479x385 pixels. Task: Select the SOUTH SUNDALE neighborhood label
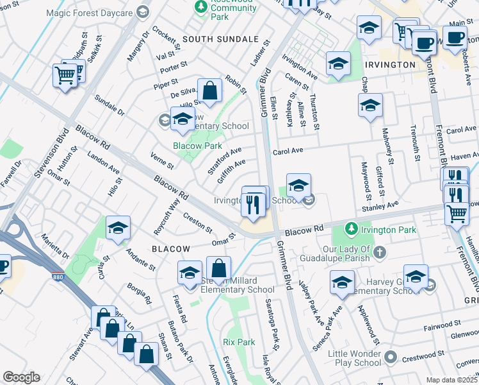click(220, 39)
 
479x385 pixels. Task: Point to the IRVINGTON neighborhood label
click(390, 65)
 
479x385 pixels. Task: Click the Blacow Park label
click(197, 146)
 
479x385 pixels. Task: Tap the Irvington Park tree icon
click(351, 228)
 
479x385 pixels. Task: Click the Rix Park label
click(239, 342)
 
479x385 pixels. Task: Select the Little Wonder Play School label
click(355, 358)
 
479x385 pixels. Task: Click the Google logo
click(21, 377)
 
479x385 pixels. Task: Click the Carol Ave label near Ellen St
click(286, 152)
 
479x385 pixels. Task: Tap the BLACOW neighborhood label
click(170, 248)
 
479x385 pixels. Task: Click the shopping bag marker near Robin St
click(209, 92)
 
